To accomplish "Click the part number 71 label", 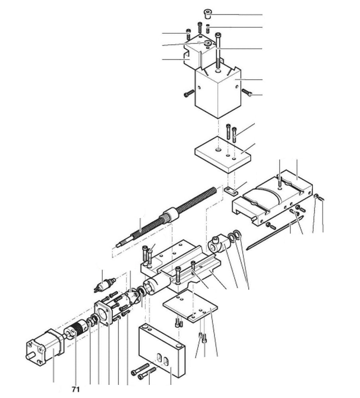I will (76, 389).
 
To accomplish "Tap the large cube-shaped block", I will (217, 92).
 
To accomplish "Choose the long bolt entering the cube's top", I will (218, 52).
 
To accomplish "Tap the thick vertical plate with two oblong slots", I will (161, 350).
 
